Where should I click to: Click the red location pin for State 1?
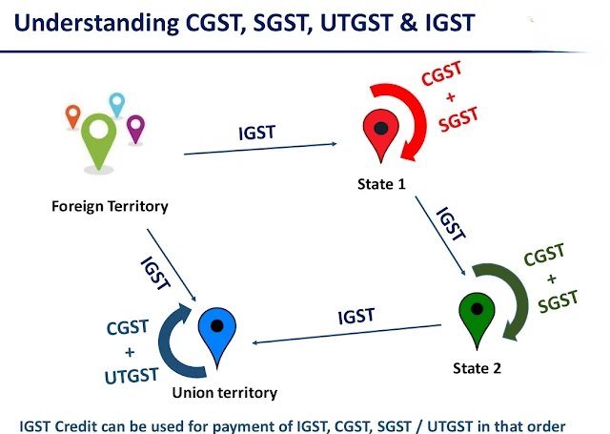379,134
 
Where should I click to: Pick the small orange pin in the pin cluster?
72,116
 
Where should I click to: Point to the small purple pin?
135,127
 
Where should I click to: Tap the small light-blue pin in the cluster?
117,103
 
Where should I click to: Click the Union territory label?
224,392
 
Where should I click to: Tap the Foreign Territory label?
111,206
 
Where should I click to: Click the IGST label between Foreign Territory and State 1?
256,132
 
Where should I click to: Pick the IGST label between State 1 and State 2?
450,222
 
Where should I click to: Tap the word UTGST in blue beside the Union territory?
132,376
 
